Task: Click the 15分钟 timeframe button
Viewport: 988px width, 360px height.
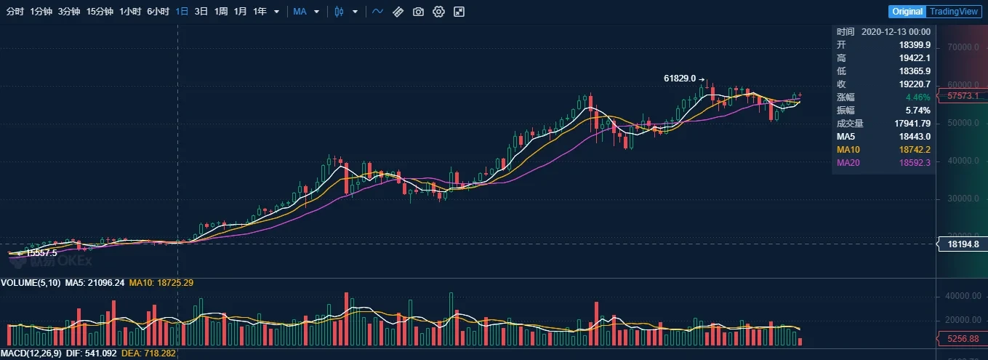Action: pos(100,12)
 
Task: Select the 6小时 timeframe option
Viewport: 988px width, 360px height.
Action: pos(158,12)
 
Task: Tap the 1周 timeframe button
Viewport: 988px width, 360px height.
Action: pos(221,12)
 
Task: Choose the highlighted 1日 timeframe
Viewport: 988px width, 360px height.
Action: pos(182,12)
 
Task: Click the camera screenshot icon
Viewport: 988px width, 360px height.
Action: pos(418,12)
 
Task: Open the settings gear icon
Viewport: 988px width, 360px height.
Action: pos(438,12)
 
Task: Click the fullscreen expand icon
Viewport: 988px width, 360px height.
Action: pos(459,12)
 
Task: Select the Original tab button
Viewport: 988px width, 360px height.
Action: pos(907,12)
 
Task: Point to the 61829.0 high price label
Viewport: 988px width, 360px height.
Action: pos(680,78)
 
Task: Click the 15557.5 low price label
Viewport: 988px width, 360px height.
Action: pos(41,253)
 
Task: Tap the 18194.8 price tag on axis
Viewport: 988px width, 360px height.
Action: pos(964,244)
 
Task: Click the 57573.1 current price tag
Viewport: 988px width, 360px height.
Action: pos(963,95)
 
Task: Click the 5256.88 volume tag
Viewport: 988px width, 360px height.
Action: pos(963,338)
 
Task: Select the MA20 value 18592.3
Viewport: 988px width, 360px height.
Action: pos(915,162)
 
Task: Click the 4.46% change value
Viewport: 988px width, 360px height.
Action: pos(918,97)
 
